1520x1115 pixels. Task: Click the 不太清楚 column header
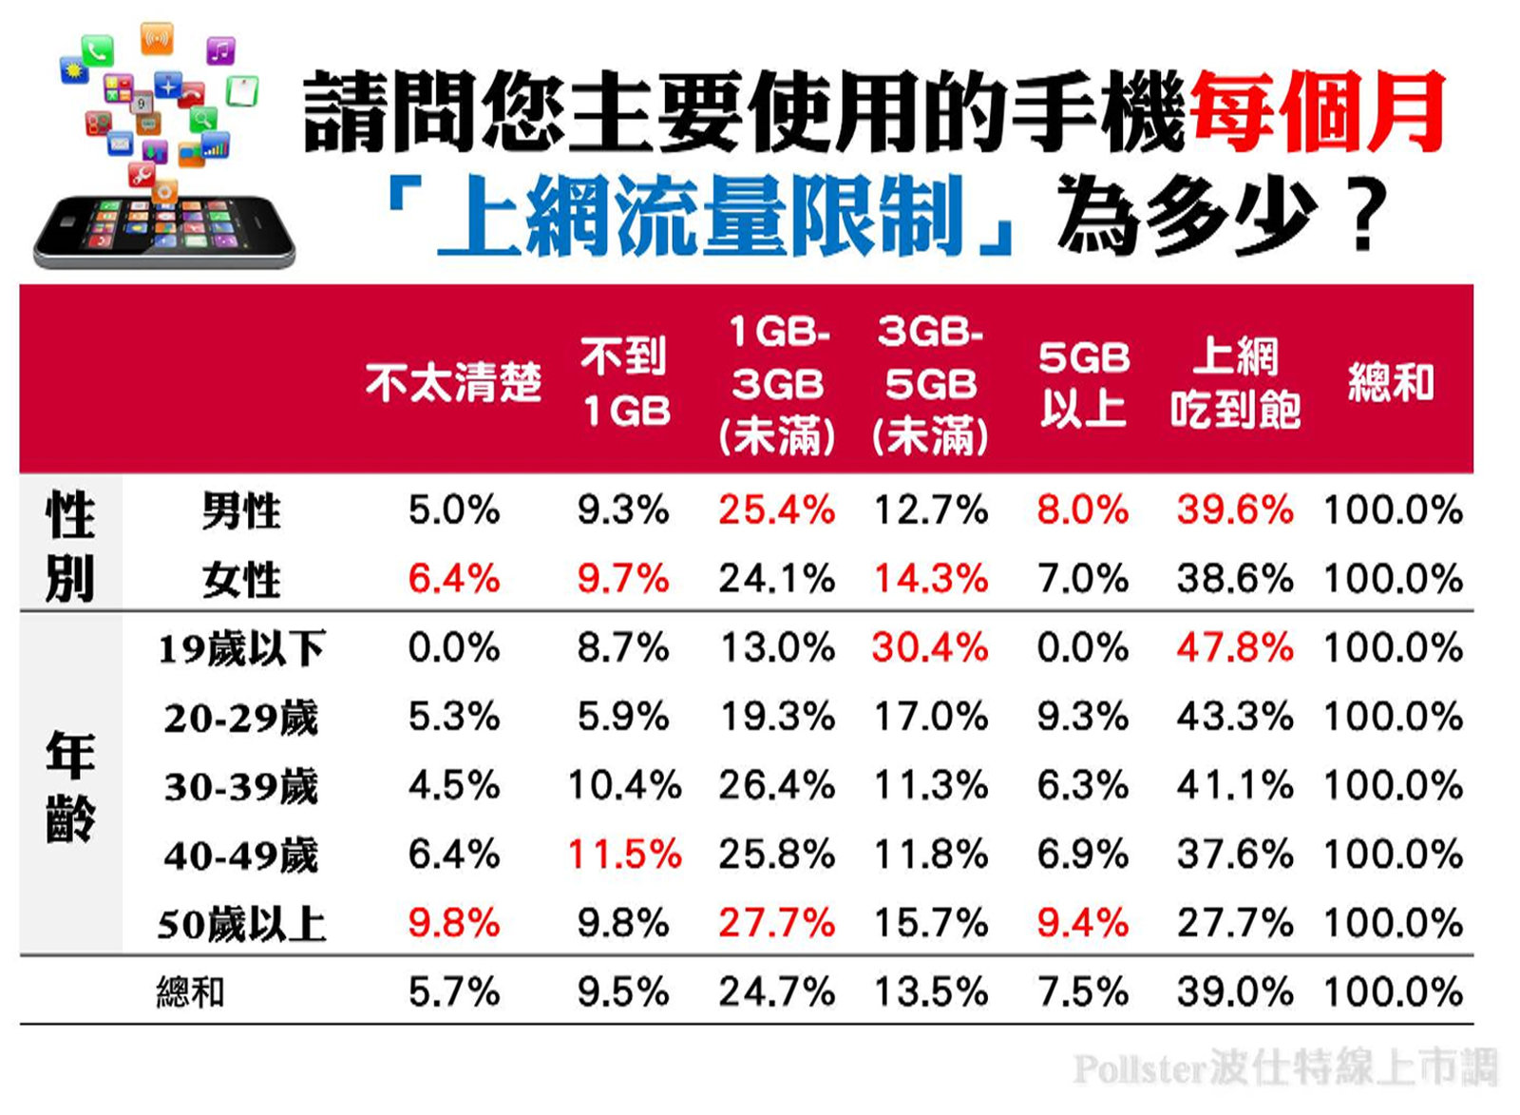[453, 383]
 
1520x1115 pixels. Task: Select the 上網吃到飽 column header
[1235, 383]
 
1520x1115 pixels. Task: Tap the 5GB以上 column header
[1083, 383]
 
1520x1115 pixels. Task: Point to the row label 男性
[241, 510]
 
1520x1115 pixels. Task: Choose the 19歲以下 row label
[241, 648]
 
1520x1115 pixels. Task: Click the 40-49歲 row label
[241, 855]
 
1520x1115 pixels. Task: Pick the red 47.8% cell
[1234, 648]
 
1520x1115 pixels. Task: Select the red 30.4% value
[930, 648]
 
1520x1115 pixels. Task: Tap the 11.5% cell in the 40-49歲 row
[624, 855]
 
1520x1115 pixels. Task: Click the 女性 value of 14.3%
[930, 579]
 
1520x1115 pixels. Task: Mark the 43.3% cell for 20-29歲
[1234, 717]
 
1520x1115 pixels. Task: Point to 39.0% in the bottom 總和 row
[1234, 992]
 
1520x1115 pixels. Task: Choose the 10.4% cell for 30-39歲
[624, 786]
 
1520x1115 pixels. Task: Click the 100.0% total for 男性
[1393, 510]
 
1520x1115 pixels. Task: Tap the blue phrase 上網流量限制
[700, 217]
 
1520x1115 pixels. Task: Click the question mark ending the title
[1364, 217]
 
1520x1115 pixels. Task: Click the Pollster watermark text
[1284, 1068]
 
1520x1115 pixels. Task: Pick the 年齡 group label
[70, 786]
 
